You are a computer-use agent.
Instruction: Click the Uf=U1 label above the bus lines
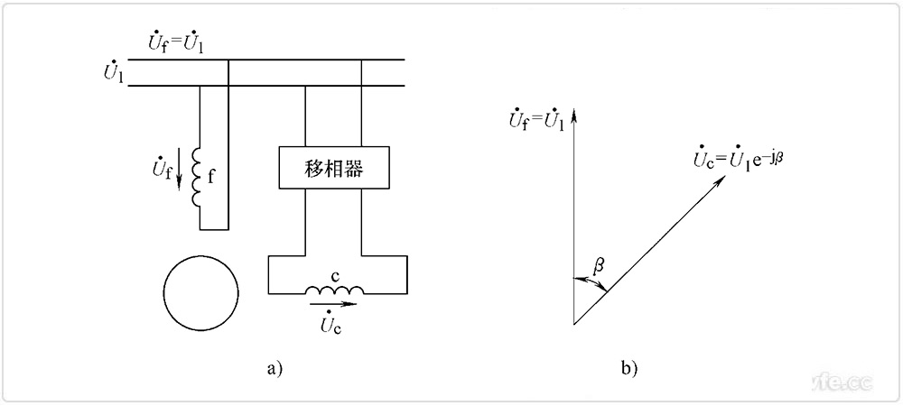pos(176,42)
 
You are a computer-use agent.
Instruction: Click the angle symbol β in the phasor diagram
pos(598,265)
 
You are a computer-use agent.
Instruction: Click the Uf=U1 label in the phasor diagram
pos(536,118)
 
